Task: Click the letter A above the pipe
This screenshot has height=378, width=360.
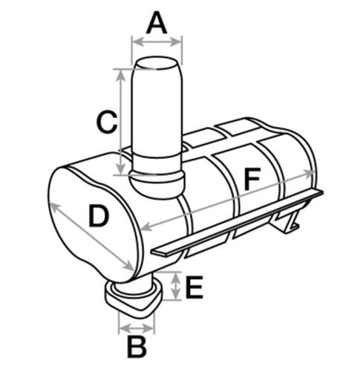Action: tap(157, 24)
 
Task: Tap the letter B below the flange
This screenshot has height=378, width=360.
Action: tap(137, 348)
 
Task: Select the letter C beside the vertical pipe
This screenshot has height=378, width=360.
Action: tap(107, 121)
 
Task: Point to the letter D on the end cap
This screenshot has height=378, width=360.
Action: tap(99, 216)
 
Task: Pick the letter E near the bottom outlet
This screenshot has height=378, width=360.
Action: tap(194, 287)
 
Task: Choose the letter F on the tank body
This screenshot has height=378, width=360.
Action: tap(252, 179)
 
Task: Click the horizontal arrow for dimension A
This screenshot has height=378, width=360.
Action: tap(157, 42)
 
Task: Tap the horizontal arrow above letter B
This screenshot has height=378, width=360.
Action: tap(137, 328)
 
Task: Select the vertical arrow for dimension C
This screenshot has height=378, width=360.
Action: tap(120, 122)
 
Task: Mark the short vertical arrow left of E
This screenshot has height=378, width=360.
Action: tap(176, 286)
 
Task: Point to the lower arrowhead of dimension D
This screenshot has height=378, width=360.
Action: tap(128, 266)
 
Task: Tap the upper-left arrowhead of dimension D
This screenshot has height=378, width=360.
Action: tap(55, 207)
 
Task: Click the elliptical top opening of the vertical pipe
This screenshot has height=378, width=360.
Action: tap(157, 63)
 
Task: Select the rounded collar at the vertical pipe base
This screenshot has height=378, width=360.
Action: tap(157, 183)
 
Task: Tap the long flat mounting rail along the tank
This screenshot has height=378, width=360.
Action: tap(237, 223)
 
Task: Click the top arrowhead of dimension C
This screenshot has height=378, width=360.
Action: tap(120, 74)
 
